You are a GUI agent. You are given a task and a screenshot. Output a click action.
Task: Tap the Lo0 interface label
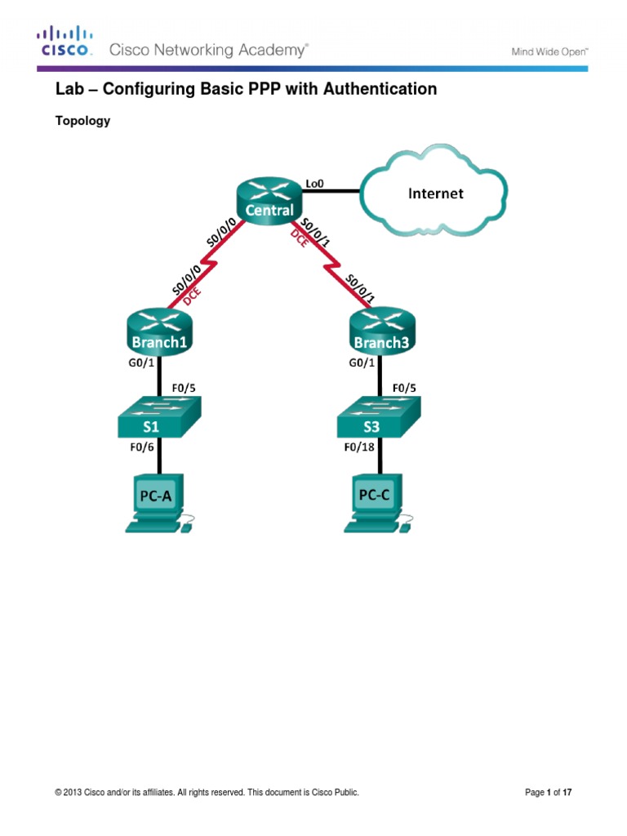314,184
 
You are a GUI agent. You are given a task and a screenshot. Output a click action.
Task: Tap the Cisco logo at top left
65,42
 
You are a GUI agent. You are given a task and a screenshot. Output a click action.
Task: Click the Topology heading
82,121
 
